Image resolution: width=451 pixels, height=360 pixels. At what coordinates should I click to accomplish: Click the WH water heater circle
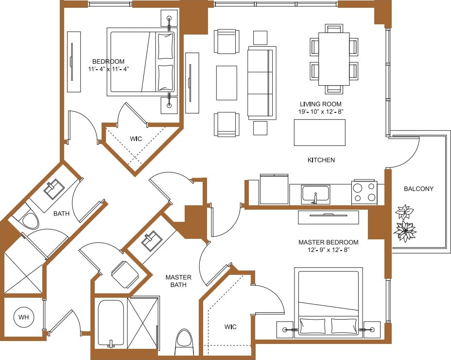click(23, 317)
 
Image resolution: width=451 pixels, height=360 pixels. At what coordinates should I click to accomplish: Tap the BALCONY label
click(418, 189)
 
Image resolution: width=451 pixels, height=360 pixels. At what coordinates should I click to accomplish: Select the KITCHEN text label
click(321, 160)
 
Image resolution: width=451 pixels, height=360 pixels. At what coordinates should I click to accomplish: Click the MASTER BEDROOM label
click(328, 242)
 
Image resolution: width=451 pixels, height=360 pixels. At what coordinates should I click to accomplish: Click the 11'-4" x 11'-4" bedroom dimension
click(108, 70)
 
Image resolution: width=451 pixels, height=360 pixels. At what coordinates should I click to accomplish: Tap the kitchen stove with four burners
click(364, 192)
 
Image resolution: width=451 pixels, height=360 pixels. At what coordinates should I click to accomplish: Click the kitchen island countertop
click(319, 132)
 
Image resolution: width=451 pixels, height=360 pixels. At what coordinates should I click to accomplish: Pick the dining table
click(334, 59)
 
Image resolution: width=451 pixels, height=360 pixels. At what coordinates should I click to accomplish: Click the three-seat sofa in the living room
click(261, 83)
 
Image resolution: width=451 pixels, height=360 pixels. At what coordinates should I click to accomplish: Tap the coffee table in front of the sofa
click(226, 83)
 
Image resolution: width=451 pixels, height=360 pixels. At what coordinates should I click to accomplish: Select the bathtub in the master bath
click(110, 324)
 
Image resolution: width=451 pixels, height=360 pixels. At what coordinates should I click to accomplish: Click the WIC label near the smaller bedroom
click(136, 139)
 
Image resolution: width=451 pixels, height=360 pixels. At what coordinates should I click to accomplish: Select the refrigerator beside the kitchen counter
click(274, 190)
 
